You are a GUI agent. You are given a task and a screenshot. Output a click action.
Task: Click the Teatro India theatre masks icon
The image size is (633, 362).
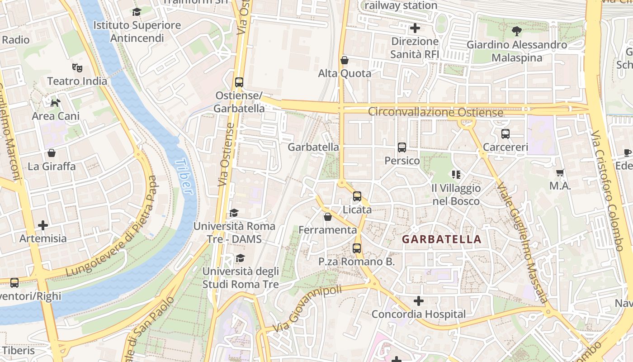[x=77, y=68]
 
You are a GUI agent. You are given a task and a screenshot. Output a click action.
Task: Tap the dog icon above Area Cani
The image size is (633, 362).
[x=55, y=103]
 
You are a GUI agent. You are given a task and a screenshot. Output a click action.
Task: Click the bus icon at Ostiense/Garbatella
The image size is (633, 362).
[x=239, y=82]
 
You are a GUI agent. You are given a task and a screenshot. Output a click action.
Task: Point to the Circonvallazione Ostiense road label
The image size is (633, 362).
[x=435, y=112]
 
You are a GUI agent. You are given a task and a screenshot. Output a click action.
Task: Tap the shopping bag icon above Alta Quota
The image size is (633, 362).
[x=345, y=60]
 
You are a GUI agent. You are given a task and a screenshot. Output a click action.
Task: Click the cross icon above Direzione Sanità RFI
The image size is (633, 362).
[x=415, y=28]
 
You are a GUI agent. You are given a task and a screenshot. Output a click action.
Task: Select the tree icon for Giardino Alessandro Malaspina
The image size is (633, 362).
[x=516, y=31]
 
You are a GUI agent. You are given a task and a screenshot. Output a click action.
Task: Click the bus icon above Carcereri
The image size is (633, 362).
[x=505, y=134]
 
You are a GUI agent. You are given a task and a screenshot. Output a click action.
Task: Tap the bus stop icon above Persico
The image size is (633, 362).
[x=402, y=148]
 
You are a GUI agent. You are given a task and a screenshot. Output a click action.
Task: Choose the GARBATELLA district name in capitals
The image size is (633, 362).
[x=441, y=239]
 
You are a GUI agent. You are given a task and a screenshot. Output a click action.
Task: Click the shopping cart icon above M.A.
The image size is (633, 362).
[x=560, y=172]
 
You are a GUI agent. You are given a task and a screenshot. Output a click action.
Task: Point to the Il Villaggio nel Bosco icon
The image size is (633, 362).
[x=456, y=174]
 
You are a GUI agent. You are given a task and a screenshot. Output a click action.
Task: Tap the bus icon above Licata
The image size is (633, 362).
[x=357, y=196]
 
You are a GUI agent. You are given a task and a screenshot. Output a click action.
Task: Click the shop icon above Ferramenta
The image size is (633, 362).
[x=328, y=217]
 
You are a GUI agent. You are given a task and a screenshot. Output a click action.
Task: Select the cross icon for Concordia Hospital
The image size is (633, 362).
[x=419, y=300]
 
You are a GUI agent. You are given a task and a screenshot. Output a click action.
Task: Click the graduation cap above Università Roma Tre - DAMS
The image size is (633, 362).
[x=234, y=213]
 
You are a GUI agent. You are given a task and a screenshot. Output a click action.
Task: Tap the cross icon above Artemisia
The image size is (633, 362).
[x=43, y=225]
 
